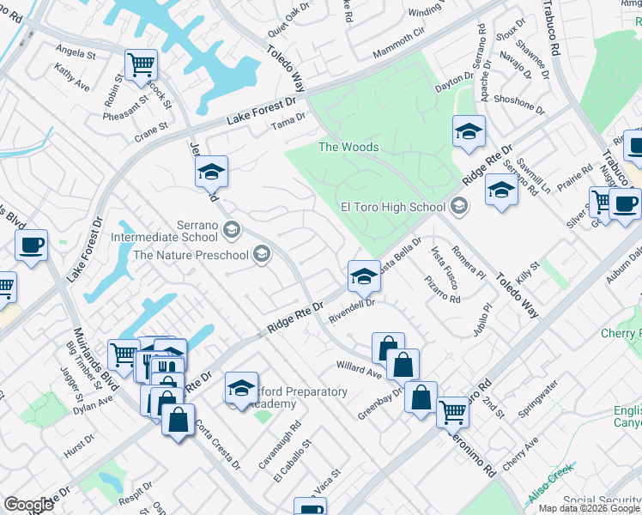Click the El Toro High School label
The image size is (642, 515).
(393, 206)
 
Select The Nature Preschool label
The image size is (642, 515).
(190, 254)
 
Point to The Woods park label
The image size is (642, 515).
(348, 147)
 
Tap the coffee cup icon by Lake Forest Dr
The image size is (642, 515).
(32, 246)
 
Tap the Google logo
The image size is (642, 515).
(28, 505)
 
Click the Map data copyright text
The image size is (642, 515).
(590, 508)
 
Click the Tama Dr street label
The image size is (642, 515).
(288, 125)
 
